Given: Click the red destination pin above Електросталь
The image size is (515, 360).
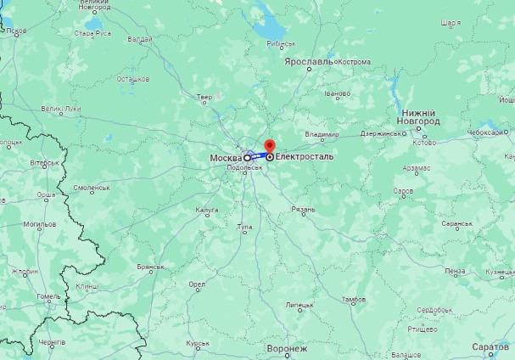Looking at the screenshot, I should (270, 146).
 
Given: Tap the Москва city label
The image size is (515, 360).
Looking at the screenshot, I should (226, 158).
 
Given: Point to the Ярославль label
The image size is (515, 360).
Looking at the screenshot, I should (309, 62).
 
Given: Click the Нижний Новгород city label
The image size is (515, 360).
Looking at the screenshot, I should (419, 117).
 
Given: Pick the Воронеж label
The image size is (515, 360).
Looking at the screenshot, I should (286, 348).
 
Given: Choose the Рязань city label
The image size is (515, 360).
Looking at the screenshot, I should (304, 209).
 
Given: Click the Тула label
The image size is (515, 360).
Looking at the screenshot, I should (245, 227).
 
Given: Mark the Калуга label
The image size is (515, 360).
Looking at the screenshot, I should (207, 209).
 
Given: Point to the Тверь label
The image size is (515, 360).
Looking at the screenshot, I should (204, 98).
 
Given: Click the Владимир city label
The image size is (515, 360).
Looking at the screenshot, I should (322, 134).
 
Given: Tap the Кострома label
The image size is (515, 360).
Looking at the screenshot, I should (355, 62).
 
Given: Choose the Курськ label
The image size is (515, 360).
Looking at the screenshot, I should (198, 343).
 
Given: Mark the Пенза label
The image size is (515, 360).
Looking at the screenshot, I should (455, 271).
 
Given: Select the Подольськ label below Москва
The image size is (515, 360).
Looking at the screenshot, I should (244, 168).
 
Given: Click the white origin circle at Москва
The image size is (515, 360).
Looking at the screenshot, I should (248, 158).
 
